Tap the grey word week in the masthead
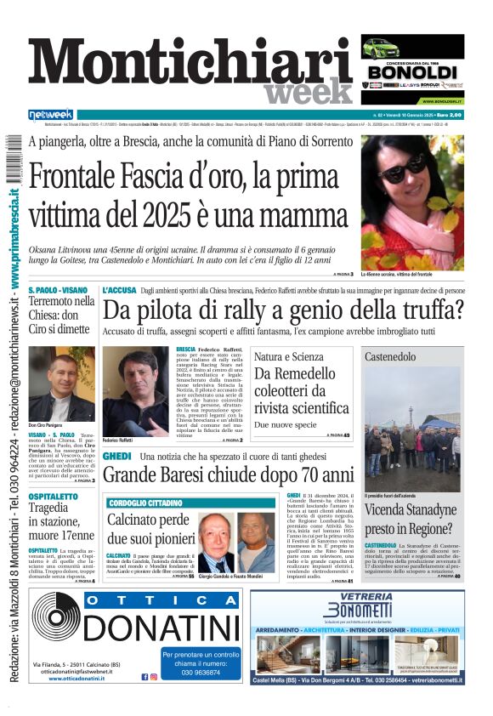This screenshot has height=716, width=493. [309, 92]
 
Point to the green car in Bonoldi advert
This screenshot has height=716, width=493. [380, 48]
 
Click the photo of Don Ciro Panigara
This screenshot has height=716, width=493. [61, 383]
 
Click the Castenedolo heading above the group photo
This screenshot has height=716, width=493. [390, 357]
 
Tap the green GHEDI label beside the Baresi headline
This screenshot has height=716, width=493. [116, 457]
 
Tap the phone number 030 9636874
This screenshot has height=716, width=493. [201, 672]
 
